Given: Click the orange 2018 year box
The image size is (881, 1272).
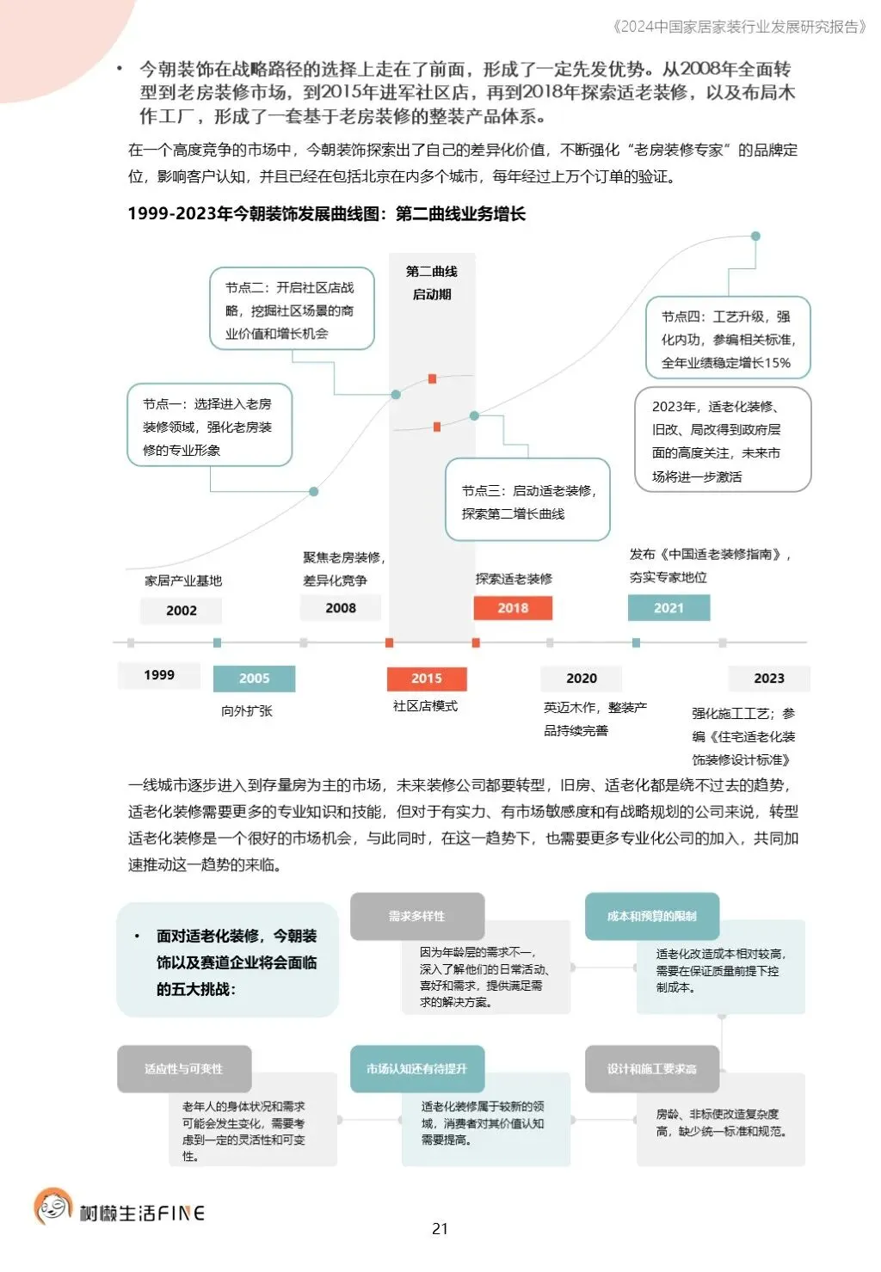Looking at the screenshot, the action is (513, 608).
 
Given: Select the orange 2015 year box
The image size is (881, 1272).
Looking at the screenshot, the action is (427, 679).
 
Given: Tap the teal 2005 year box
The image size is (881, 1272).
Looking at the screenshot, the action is (254, 679).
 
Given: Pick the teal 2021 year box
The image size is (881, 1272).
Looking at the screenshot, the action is (668, 608).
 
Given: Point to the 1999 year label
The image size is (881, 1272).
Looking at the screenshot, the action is (159, 675).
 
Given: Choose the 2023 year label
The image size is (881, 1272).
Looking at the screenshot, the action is (768, 679).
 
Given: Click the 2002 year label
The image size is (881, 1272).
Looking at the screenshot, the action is (182, 611).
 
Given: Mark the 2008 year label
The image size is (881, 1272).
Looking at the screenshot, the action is (341, 608).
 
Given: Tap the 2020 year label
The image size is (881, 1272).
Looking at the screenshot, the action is (582, 679).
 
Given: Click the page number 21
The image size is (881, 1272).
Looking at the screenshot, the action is (440, 1229).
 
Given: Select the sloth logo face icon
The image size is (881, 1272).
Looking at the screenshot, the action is (52, 1207).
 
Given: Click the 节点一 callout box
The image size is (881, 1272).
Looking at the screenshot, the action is (209, 426).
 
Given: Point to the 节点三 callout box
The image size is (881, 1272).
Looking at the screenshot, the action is (527, 501).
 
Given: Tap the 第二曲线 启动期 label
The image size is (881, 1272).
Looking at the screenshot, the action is (432, 283).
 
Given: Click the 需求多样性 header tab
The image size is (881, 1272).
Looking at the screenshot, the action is (417, 916).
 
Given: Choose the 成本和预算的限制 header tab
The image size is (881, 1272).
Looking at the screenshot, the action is (652, 916).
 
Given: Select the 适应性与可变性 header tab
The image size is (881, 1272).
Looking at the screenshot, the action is (184, 1069).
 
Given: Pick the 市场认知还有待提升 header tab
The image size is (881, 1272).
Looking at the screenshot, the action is (417, 1069).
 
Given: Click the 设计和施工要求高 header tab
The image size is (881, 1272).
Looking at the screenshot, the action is (652, 1069).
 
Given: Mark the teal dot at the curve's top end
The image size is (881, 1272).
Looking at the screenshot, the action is (755, 236).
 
